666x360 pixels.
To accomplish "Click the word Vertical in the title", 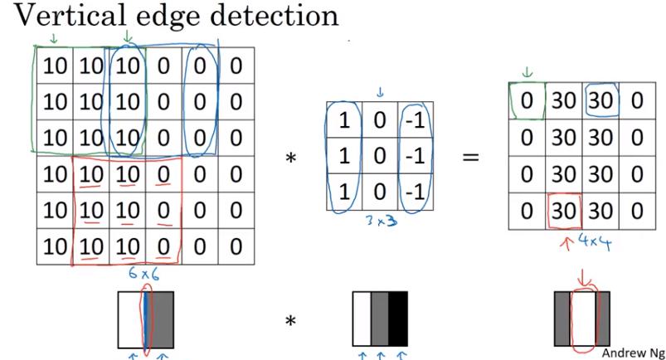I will (x=58, y=17).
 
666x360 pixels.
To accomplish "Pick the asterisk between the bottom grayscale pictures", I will (x=291, y=321).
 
